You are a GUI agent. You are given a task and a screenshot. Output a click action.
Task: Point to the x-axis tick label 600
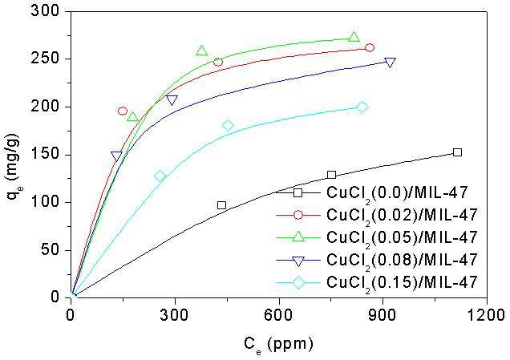pyautogui.click(x=279, y=315)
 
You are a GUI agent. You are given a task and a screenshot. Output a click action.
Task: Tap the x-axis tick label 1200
pyautogui.click(x=487, y=315)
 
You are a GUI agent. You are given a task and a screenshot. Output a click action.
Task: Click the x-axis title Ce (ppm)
pyautogui.click(x=279, y=345)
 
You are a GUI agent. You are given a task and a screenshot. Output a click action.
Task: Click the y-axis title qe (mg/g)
pyautogui.click(x=12, y=167)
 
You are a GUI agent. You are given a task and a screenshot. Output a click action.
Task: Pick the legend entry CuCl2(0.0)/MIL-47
pyautogui.click(x=397, y=193)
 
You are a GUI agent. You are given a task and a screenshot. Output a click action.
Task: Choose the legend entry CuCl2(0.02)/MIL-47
pyautogui.click(x=402, y=216)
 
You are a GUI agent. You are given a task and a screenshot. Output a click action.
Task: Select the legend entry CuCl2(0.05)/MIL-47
pyautogui.click(x=402, y=237)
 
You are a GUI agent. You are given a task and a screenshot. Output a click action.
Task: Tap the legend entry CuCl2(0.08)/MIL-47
pyautogui.click(x=402, y=260)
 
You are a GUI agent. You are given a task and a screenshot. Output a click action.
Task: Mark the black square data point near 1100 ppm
pyautogui.click(x=457, y=152)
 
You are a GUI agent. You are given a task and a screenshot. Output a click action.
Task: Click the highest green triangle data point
pyautogui.click(x=354, y=37)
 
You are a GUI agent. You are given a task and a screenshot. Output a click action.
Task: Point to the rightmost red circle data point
pyautogui.click(x=370, y=48)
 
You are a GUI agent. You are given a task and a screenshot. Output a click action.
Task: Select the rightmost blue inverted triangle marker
pyautogui.click(x=390, y=63)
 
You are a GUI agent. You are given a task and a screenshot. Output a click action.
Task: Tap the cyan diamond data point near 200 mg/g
pyautogui.click(x=362, y=107)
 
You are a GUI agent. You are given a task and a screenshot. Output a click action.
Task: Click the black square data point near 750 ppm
pyautogui.click(x=331, y=175)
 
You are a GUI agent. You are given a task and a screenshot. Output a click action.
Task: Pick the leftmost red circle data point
pyautogui.click(x=123, y=111)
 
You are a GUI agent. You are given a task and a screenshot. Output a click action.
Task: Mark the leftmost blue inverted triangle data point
pyautogui.click(x=116, y=156)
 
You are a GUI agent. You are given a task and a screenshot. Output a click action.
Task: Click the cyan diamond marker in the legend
pyautogui.click(x=298, y=282)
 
